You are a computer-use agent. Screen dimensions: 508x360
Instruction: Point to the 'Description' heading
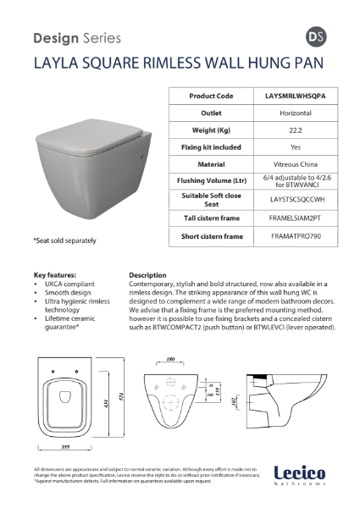[147, 275]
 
